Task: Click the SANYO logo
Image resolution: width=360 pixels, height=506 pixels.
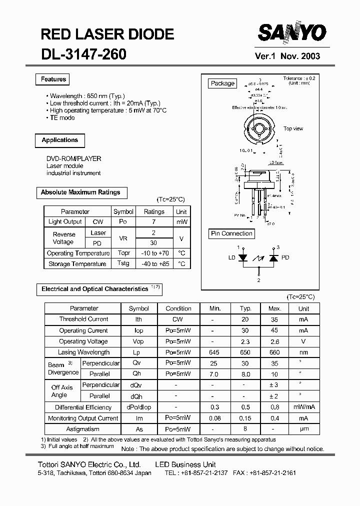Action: click(291, 34)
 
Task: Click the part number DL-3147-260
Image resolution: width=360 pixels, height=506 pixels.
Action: click(83, 54)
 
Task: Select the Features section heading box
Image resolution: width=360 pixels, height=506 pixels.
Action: click(53, 79)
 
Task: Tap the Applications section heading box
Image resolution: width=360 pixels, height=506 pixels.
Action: click(59, 140)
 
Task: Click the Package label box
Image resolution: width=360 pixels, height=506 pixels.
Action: click(222, 83)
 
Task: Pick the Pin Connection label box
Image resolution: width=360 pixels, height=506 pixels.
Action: click(231, 233)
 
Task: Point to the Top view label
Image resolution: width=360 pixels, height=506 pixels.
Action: click(293, 128)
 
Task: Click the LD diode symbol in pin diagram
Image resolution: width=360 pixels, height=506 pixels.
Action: click(243, 258)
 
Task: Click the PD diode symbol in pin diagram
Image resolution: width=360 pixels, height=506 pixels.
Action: click(273, 258)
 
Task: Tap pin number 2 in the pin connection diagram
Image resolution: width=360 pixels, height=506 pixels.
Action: click(258, 280)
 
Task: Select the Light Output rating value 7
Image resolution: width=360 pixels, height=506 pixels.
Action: click(154, 222)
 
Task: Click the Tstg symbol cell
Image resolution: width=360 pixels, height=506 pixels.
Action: click(123, 263)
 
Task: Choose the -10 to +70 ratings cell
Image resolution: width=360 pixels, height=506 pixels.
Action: click(154, 253)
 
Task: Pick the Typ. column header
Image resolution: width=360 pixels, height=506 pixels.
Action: click(245, 308)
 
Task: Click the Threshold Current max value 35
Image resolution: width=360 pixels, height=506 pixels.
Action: click(274, 319)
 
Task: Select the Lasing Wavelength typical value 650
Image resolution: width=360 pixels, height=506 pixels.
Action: click(245, 352)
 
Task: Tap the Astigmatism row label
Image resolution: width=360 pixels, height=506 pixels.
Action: click(83, 429)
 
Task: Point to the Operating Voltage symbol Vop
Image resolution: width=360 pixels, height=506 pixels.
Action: click(138, 341)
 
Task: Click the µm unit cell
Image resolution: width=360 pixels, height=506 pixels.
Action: click(303, 429)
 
